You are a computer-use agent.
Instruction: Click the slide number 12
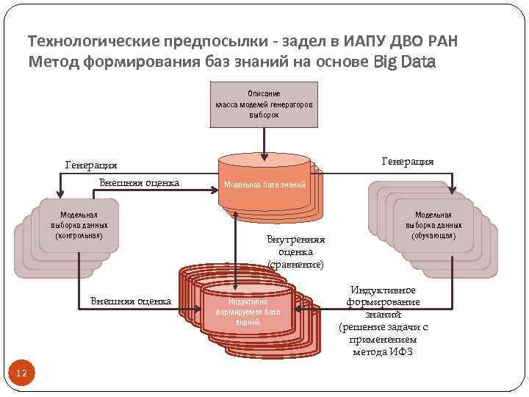coord(21,374)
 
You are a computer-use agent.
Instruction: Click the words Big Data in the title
coord(404,62)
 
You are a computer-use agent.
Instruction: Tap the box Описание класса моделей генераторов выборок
coord(263,104)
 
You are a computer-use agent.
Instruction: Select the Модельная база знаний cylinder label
coord(264,185)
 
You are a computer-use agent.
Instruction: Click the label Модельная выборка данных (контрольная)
coord(79,225)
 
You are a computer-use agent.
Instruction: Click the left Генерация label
coord(91,165)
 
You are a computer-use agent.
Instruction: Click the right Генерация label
coord(408,161)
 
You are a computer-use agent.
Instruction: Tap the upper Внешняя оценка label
coord(140,182)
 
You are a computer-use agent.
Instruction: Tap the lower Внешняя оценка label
coord(130,301)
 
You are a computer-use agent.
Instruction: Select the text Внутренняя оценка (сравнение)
coord(295,251)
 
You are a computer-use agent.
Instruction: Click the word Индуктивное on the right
coord(383,290)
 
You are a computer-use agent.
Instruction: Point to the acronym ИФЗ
coord(403,352)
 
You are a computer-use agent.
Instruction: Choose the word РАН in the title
coord(447,41)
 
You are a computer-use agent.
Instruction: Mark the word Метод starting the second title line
coord(50,62)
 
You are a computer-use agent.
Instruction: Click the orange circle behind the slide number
coord(21,374)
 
